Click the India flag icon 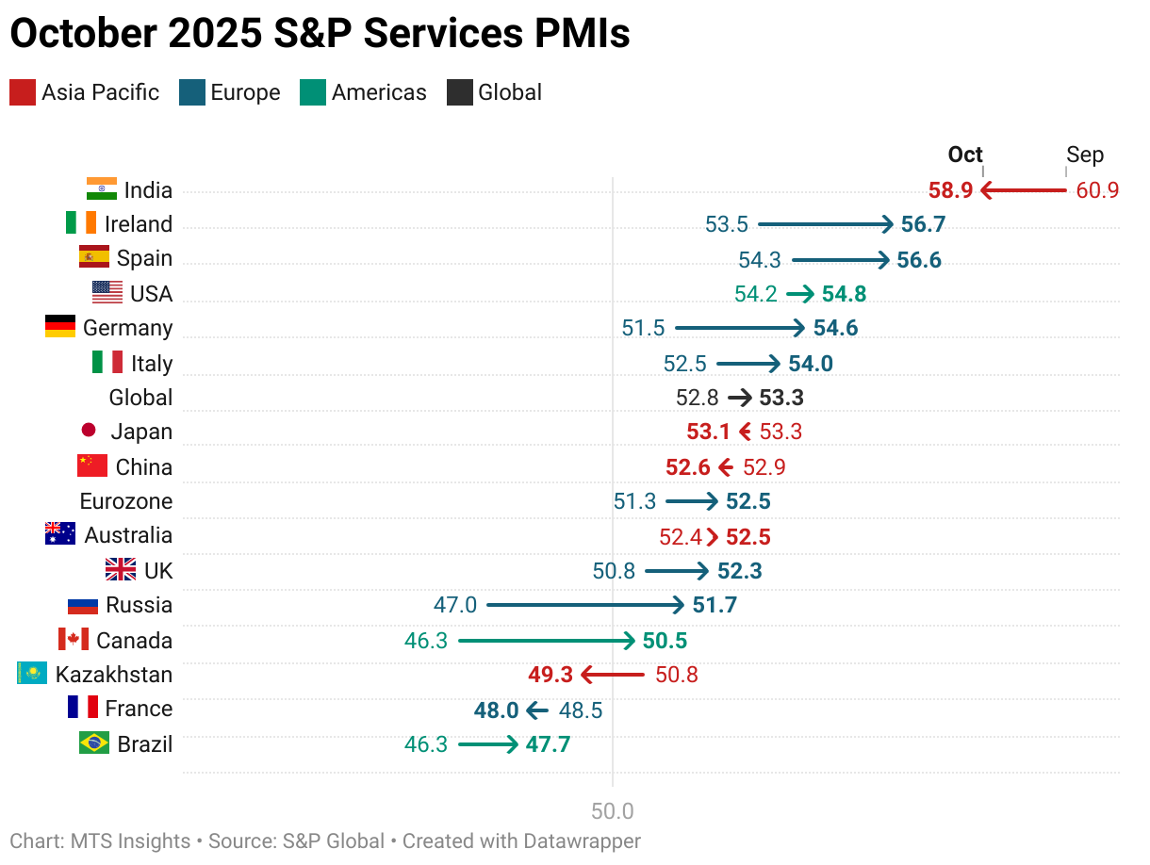pyautogui.click(x=101, y=188)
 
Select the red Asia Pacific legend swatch pyautogui.click(x=23, y=92)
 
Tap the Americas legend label pyautogui.click(x=379, y=92)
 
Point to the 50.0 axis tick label pyautogui.click(x=613, y=811)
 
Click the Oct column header pyautogui.click(x=965, y=155)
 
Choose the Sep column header pyautogui.click(x=1085, y=155)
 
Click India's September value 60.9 pyautogui.click(x=1097, y=190)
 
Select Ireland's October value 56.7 pyautogui.click(x=923, y=224)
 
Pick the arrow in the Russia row pyautogui.click(x=585, y=605)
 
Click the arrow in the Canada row pyautogui.click(x=547, y=641)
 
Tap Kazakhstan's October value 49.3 pyautogui.click(x=550, y=675)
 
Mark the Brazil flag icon pyautogui.click(x=93, y=743)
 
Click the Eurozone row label pyautogui.click(x=126, y=501)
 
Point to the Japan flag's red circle pyautogui.click(x=89, y=431)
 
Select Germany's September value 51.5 pyautogui.click(x=643, y=328)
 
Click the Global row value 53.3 pyautogui.click(x=781, y=398)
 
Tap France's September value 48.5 pyautogui.click(x=581, y=710)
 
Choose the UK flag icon pyautogui.click(x=120, y=569)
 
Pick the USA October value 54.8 pyautogui.click(x=844, y=294)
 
